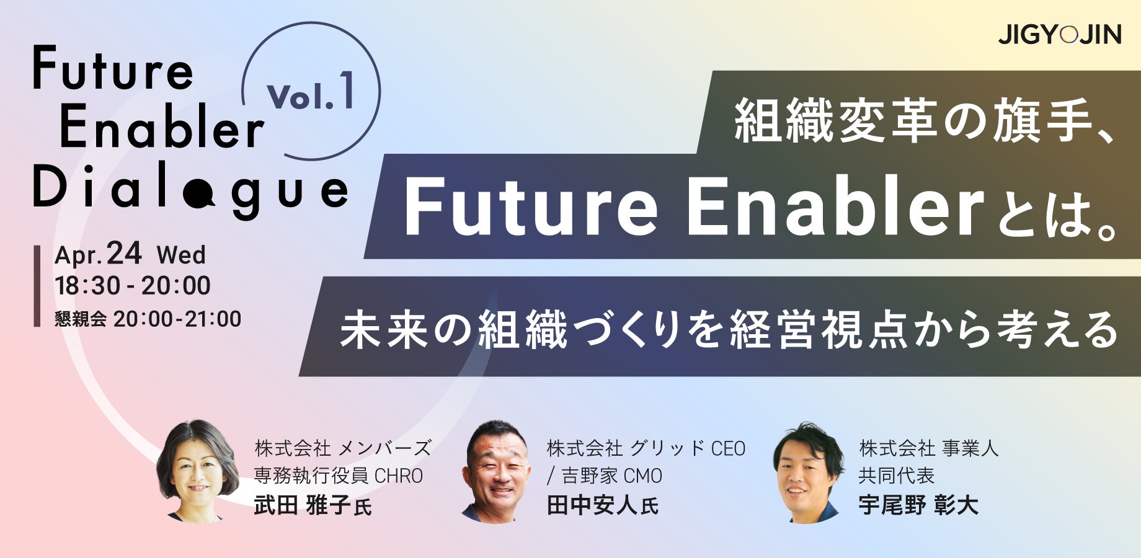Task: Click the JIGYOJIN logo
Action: [1059, 34]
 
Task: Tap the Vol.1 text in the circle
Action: [311, 92]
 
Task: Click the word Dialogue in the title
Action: [190, 190]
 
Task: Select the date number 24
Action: [124, 253]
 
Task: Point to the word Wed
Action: [181, 255]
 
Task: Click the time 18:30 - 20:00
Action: [133, 286]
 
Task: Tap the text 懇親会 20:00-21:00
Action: [148, 319]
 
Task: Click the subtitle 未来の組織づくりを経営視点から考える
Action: [729, 329]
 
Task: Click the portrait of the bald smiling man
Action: [496, 471]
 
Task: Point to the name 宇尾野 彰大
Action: [918, 505]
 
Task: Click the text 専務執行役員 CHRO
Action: [339, 476]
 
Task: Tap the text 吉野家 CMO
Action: [611, 476]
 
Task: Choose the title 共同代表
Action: [897, 476]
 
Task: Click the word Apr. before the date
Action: [78, 255]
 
